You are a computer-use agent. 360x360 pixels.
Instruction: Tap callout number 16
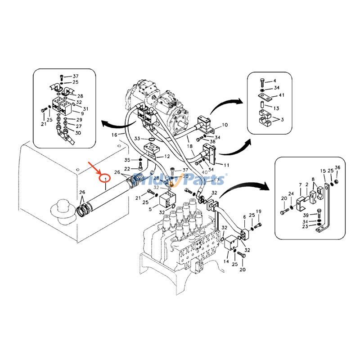click(114, 134)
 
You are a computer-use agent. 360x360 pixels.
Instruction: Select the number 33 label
click(137, 139)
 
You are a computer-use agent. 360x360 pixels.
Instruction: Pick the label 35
click(127, 160)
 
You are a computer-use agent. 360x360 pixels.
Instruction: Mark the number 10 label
click(225, 125)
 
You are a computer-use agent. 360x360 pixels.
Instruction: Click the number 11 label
click(226, 165)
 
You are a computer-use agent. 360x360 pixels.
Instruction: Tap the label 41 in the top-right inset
click(281, 95)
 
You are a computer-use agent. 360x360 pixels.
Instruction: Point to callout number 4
click(274, 81)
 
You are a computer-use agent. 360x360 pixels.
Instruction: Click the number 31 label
click(85, 109)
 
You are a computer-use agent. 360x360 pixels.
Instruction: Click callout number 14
click(226, 261)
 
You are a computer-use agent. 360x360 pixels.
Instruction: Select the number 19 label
click(259, 211)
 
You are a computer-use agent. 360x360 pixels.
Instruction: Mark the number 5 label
click(150, 210)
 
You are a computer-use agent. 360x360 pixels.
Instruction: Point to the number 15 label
click(323, 171)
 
